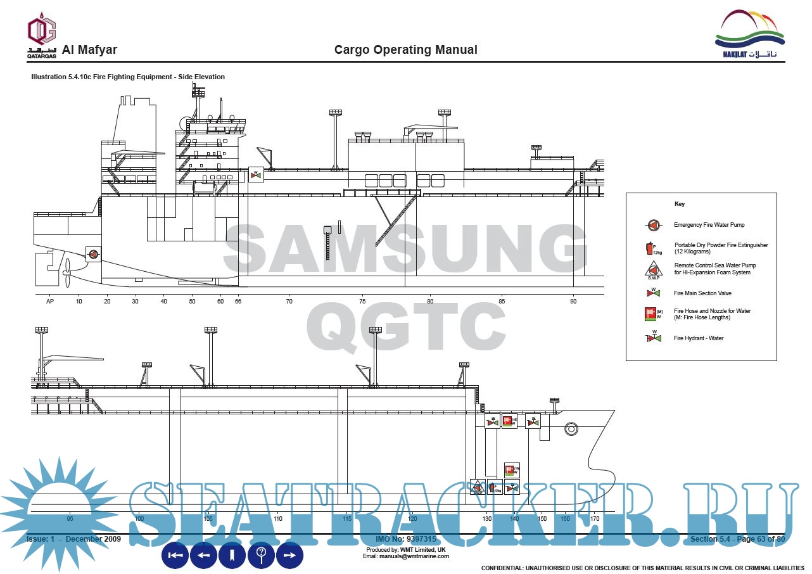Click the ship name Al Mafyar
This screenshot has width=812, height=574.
(x=89, y=50)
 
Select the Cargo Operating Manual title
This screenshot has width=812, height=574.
(x=405, y=50)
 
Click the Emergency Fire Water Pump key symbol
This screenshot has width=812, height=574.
(x=652, y=225)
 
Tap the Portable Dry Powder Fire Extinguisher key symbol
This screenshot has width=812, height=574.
(x=652, y=248)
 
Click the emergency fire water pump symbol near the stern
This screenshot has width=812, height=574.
(x=92, y=255)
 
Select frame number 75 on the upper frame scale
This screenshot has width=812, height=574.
(x=362, y=302)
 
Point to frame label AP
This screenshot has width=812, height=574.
(x=50, y=302)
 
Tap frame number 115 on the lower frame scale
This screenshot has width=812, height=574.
(x=347, y=519)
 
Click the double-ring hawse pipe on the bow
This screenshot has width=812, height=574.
(x=571, y=429)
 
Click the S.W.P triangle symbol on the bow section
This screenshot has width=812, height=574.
(x=478, y=488)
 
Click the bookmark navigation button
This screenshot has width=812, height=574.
(x=232, y=556)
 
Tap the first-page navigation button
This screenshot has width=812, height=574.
(x=175, y=556)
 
